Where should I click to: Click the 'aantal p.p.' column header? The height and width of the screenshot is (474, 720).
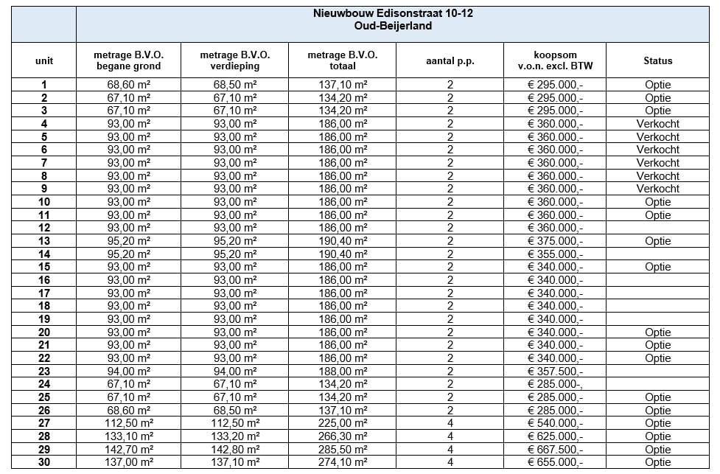tap(450, 61)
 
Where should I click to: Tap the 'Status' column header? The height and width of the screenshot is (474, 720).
tap(657, 61)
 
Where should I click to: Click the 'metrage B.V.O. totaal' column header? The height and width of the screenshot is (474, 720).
tap(342, 61)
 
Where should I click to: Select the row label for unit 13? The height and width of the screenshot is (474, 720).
tap(44, 241)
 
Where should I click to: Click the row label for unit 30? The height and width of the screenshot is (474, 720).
tap(44, 463)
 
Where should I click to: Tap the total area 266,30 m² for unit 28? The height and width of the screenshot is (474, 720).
tap(342, 436)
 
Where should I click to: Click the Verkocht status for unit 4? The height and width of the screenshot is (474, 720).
tap(657, 124)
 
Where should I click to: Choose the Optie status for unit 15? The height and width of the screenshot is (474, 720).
tap(657, 267)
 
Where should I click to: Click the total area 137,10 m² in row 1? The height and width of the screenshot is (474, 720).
tap(342, 85)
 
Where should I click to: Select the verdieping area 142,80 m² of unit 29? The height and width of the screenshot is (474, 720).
tap(235, 450)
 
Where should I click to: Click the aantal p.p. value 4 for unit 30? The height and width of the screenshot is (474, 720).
tap(450, 463)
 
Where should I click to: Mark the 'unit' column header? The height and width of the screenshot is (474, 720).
tap(44, 61)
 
